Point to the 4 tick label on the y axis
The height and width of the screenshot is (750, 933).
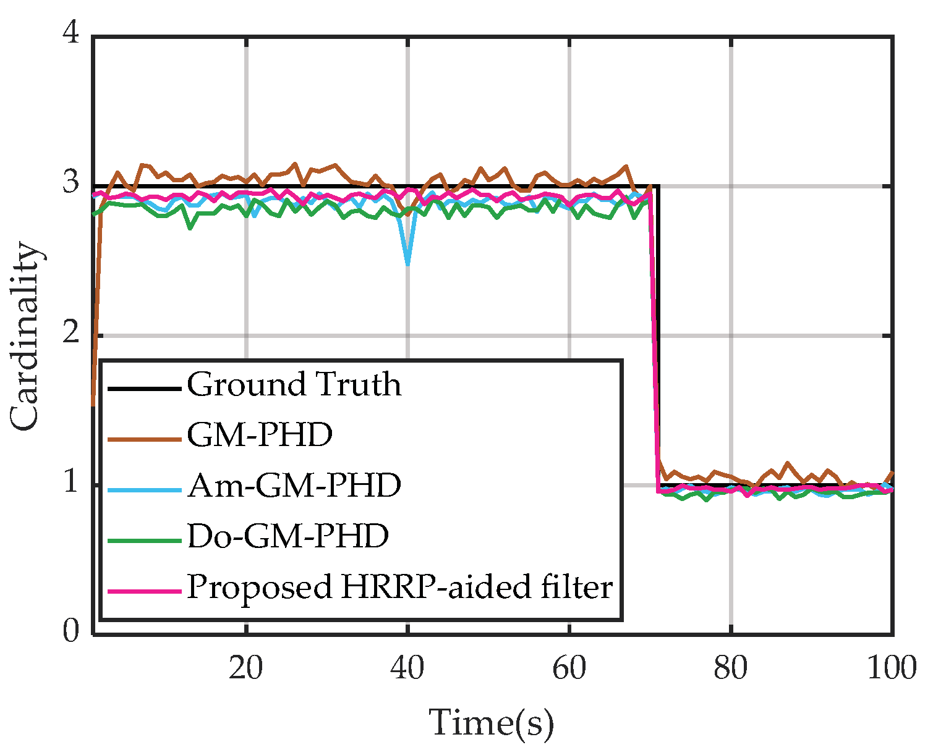click(72, 33)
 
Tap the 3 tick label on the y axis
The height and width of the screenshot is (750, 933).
click(72, 183)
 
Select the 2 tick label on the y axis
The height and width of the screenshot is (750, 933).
click(72, 334)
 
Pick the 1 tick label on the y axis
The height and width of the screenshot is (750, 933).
click(72, 483)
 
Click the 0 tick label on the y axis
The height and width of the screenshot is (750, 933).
click(72, 631)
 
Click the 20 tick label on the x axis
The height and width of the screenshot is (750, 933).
click(245, 668)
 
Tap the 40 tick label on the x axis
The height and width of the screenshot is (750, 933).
click(407, 668)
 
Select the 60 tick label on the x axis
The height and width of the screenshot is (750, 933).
click(569, 668)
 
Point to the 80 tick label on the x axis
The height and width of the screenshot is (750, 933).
click(731, 668)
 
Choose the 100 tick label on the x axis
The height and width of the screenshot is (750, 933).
click(891, 668)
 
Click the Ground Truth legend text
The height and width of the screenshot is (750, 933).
click(294, 384)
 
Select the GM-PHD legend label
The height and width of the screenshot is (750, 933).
click(260, 435)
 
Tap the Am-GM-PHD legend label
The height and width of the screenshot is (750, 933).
click(294, 486)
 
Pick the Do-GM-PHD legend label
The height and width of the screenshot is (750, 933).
click(288, 536)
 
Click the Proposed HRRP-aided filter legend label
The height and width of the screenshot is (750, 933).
click(399, 586)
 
